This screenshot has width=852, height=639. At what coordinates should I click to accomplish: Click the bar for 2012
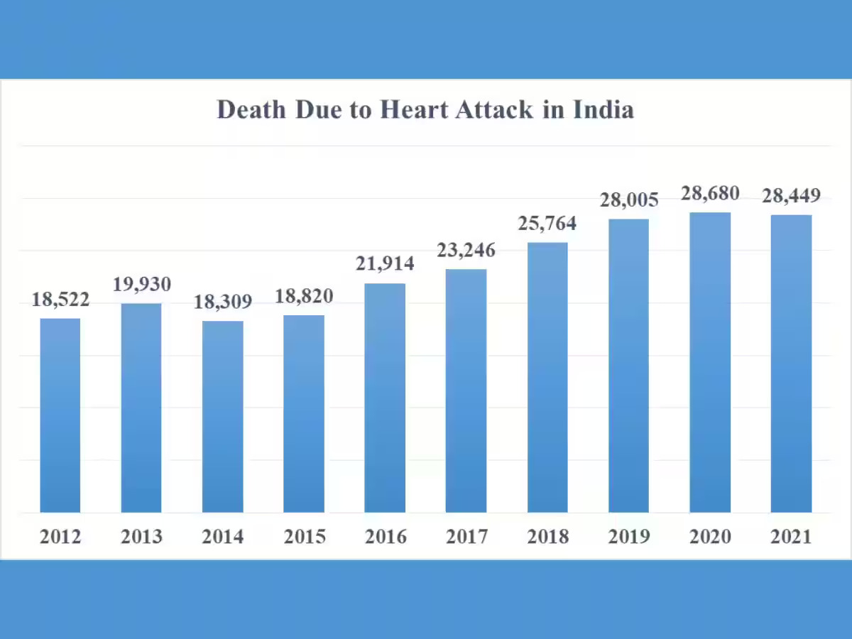pyautogui.click(x=60, y=415)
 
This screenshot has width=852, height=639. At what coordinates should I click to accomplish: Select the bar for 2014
pyautogui.click(x=222, y=417)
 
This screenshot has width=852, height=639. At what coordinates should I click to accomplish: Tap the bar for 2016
pyautogui.click(x=385, y=398)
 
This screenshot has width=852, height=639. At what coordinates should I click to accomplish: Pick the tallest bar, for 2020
pyautogui.click(x=710, y=362)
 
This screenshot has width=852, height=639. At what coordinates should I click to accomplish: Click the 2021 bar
pyautogui.click(x=791, y=364)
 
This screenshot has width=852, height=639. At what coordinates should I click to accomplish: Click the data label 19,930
pyautogui.click(x=142, y=285)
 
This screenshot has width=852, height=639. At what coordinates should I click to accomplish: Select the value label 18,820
pyautogui.click(x=304, y=296)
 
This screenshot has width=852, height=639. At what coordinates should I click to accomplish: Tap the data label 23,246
pyautogui.click(x=466, y=251)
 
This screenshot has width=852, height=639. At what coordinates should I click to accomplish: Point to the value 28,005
pyautogui.click(x=629, y=200)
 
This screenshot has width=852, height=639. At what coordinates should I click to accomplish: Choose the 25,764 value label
pyautogui.click(x=547, y=224)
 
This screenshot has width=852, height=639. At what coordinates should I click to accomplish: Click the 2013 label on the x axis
pyautogui.click(x=141, y=537)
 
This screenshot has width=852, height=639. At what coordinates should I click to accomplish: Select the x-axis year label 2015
pyautogui.click(x=304, y=537)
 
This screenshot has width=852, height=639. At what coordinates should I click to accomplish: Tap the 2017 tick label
pyautogui.click(x=466, y=537)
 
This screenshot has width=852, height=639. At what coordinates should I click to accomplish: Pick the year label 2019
pyautogui.click(x=629, y=537)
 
